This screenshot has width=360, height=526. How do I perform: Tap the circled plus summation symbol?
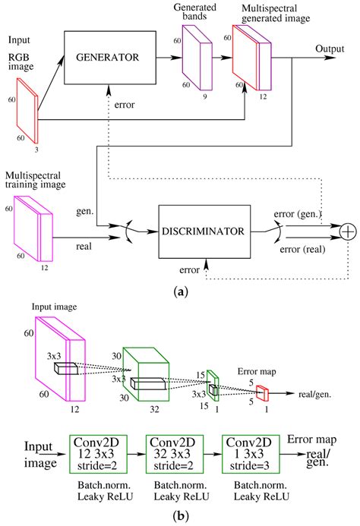click(349, 232)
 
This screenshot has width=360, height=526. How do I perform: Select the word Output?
click(330, 49)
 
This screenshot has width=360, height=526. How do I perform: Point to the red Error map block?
click(263, 393)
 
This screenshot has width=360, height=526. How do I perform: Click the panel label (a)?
click(181, 292)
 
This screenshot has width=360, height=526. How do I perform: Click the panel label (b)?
click(181, 515)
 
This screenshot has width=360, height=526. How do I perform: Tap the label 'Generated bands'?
click(194, 11)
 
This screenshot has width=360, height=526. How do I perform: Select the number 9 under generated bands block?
click(205, 96)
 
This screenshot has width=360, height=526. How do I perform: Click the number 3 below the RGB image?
click(36, 150)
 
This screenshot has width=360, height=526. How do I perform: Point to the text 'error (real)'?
click(302, 250)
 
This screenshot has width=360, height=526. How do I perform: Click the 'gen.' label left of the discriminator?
click(85, 212)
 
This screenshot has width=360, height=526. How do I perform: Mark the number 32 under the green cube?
click(154, 409)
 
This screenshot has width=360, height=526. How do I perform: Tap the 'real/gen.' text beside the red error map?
click(314, 395)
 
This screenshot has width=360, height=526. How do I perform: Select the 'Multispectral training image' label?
click(35, 180)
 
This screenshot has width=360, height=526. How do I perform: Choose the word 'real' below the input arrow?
click(84, 247)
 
